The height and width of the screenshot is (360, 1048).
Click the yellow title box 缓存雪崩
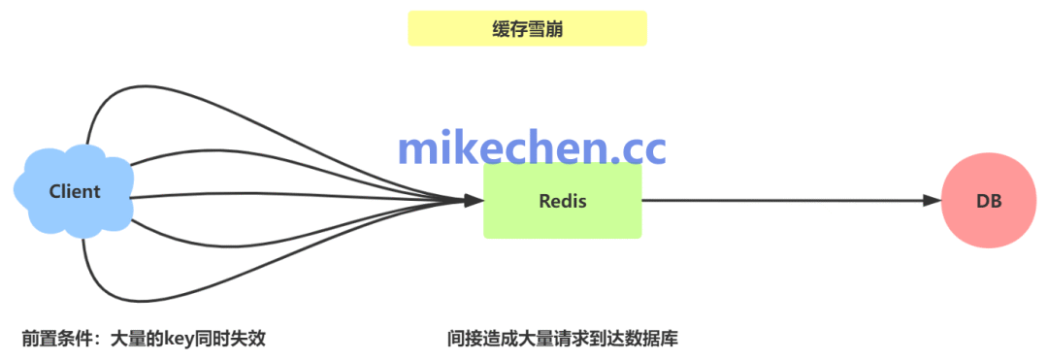527,29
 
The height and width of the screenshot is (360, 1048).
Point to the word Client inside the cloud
74,191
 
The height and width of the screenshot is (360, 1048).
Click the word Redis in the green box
562,201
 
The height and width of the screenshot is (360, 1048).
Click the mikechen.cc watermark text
532,147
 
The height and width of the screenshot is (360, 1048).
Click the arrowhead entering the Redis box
473,201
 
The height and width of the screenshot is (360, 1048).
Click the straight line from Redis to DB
776,201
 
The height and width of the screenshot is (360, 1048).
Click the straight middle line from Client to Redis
291,198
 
